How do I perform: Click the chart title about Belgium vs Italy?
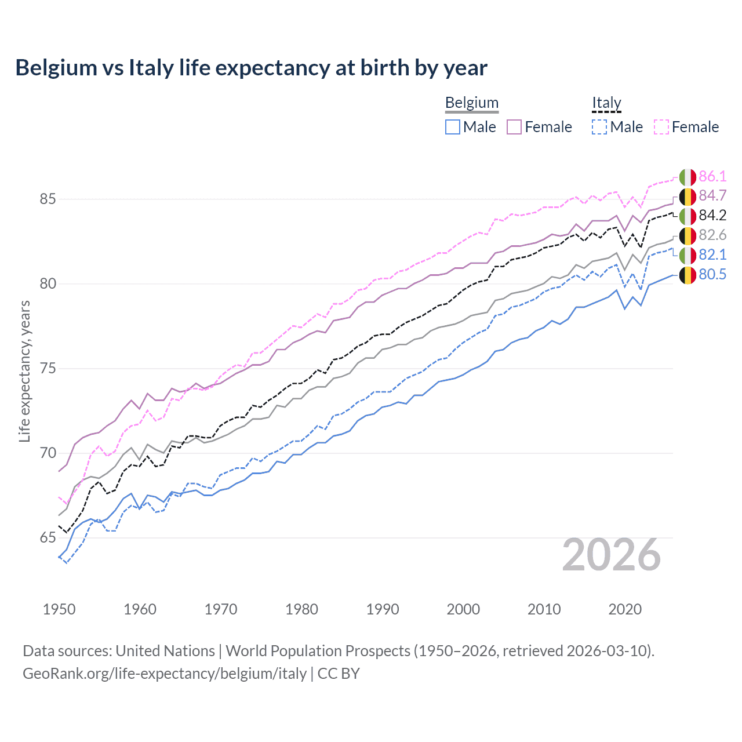click(x=251, y=68)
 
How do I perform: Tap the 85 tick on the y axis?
click(x=48, y=199)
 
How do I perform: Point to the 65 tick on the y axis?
click(x=48, y=538)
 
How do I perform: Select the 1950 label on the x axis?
click(x=59, y=609)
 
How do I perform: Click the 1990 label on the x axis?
click(x=383, y=609)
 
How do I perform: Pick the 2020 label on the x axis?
click(x=625, y=609)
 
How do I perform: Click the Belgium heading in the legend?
click(x=471, y=103)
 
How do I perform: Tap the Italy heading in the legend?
click(x=606, y=103)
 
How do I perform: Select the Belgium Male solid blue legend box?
click(x=453, y=127)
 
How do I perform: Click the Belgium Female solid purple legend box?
click(x=514, y=127)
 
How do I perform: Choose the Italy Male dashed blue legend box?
click(x=599, y=127)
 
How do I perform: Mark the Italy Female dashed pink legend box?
click(x=661, y=127)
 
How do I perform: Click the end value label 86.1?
click(x=712, y=176)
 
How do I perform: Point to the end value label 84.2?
click(x=712, y=216)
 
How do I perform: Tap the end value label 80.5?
click(x=712, y=275)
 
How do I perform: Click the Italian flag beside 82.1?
click(x=688, y=255)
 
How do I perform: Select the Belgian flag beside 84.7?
click(x=688, y=197)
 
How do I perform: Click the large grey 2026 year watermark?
click(x=612, y=555)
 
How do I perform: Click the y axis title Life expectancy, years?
click(x=25, y=371)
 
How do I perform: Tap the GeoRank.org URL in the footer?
click(x=165, y=674)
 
